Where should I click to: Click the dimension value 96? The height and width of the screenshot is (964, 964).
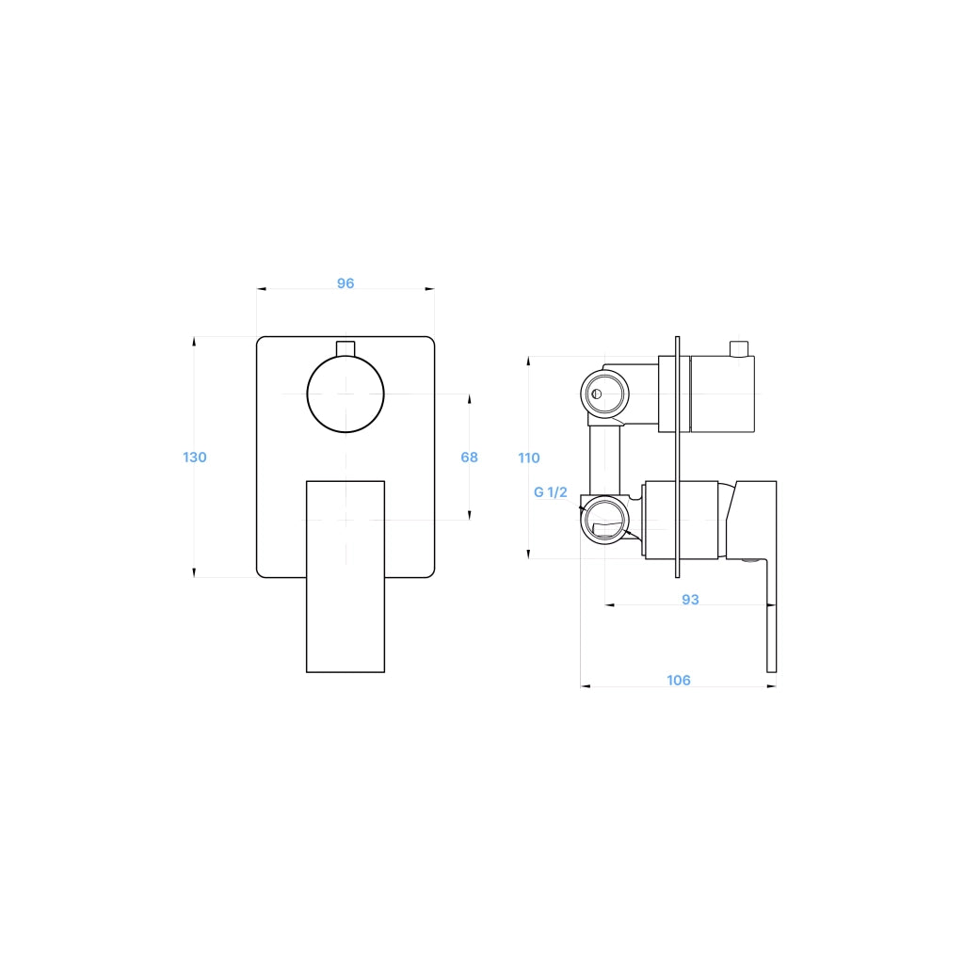click(x=345, y=283)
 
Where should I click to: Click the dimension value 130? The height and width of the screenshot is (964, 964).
click(x=194, y=458)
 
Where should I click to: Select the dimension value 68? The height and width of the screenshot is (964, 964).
click(x=469, y=458)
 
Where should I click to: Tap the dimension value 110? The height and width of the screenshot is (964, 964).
click(x=529, y=458)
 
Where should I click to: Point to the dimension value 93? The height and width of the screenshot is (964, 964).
click(x=690, y=600)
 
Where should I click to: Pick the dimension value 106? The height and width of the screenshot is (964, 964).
click(x=679, y=681)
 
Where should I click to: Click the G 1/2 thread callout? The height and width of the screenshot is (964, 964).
click(x=550, y=492)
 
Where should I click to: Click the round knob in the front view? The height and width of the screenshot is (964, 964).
click(x=345, y=394)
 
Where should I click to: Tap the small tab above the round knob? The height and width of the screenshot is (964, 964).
click(x=345, y=348)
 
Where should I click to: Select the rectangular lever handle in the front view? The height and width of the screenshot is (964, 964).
click(x=345, y=577)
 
